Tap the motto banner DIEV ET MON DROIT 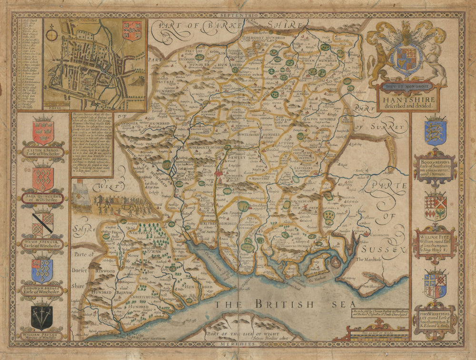point(406,87)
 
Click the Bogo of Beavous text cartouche point(435,167)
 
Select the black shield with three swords point(42,317)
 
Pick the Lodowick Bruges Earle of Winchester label point(42,290)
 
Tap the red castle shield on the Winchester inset point(132,30)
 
